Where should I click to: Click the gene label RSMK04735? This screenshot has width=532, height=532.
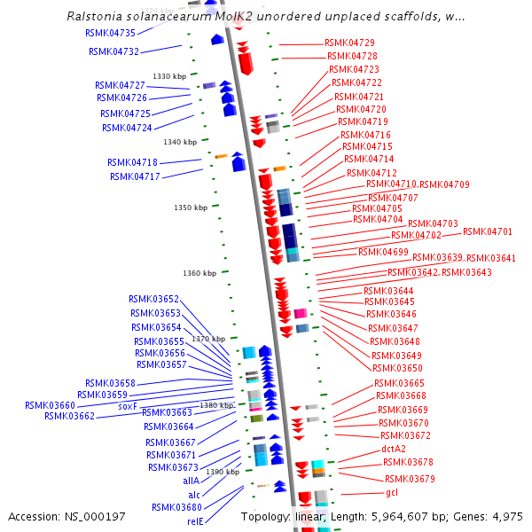tap(110, 33)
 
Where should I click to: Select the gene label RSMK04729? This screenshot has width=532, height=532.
tap(349, 43)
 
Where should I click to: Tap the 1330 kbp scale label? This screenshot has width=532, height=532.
tap(168, 76)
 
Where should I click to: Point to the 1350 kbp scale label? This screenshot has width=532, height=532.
tap(190, 207)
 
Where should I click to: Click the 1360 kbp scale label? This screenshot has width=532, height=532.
tap(199, 273)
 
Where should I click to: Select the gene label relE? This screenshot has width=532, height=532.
tap(195, 521)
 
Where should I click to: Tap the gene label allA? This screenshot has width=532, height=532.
tap(192, 480)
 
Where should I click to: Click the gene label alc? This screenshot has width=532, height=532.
tap(193, 494)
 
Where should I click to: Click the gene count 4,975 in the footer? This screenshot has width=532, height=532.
tap(505, 516)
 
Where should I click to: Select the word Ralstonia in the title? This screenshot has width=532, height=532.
tap(93, 17)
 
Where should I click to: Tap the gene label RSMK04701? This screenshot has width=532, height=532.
tap(488, 231)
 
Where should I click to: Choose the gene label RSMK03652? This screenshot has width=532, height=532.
tap(153, 300)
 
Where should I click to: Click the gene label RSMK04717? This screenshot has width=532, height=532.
tap(135, 176)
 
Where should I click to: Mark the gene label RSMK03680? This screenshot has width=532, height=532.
tap(176, 507)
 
